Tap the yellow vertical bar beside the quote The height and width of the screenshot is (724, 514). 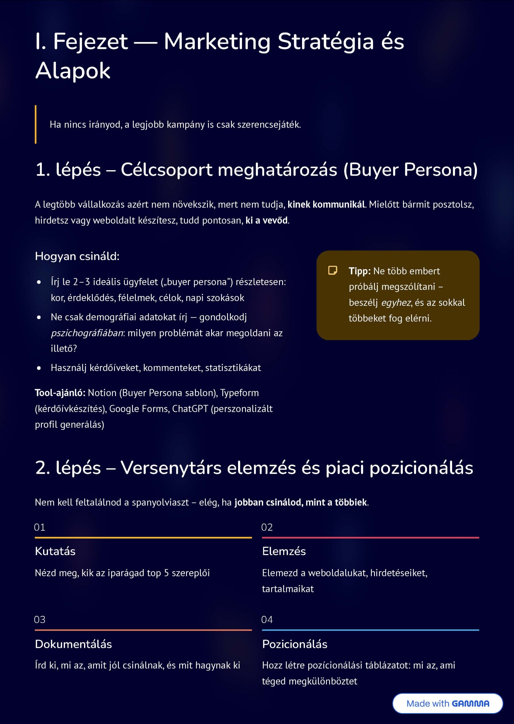tap(35, 124)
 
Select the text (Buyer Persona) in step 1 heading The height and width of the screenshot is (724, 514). tap(410, 170)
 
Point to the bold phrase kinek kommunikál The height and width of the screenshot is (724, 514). tap(326, 204)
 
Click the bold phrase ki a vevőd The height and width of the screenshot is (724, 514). tap(267, 220)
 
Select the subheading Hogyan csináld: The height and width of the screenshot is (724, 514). tap(77, 256)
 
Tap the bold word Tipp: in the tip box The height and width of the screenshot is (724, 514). tap(360, 271)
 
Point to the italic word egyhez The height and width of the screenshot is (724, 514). tap(396, 303)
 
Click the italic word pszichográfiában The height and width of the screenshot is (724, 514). tap(87, 333)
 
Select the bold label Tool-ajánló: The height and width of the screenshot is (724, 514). tap(60, 393)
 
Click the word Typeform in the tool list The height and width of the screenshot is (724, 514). tap(239, 393)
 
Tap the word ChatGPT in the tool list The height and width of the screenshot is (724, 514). tap(190, 409)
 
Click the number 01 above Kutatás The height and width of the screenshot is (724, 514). tap(40, 527)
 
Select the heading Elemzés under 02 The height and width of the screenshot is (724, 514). tap(284, 551)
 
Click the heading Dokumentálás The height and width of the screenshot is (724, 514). tap(74, 644)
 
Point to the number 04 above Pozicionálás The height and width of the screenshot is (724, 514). tap(267, 620)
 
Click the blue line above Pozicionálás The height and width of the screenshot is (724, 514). tap(370, 630)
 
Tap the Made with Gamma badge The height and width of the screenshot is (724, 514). tap(448, 703)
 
